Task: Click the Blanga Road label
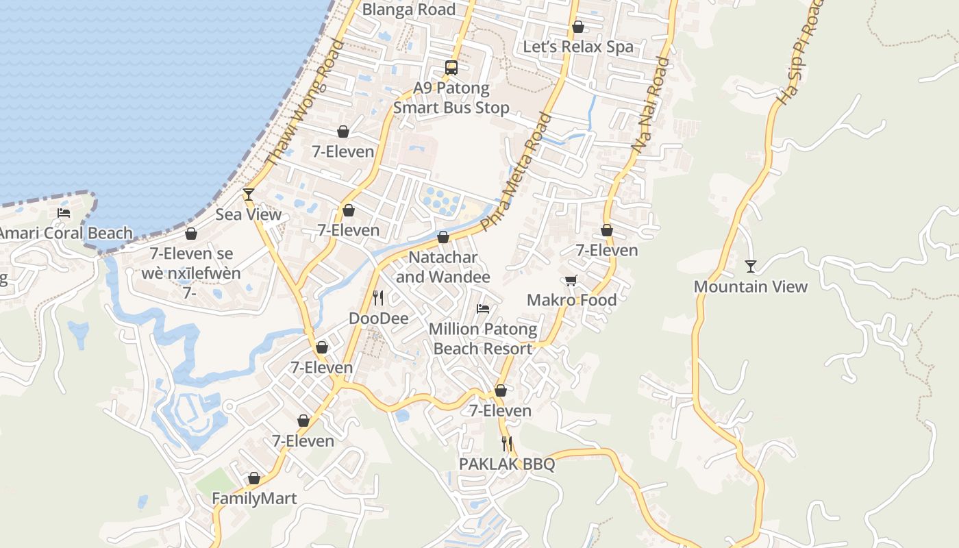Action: click(x=408, y=10)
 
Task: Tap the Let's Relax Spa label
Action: click(x=578, y=47)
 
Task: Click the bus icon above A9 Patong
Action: click(x=451, y=67)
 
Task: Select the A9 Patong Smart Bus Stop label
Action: click(x=451, y=98)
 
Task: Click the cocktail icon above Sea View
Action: click(x=249, y=195)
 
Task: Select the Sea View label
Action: click(x=249, y=214)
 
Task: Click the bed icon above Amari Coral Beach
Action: click(x=64, y=213)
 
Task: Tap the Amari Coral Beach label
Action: click(x=65, y=233)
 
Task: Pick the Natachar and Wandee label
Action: click(x=443, y=267)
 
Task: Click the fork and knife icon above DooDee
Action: click(x=377, y=298)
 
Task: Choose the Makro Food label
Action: click(x=571, y=300)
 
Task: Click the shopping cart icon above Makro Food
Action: click(x=571, y=280)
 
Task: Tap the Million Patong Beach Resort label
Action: click(x=483, y=339)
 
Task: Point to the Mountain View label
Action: click(x=751, y=286)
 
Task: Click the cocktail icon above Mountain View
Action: click(x=751, y=266)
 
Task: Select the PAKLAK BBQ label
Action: click(x=507, y=464)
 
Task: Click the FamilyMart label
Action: click(x=254, y=498)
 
